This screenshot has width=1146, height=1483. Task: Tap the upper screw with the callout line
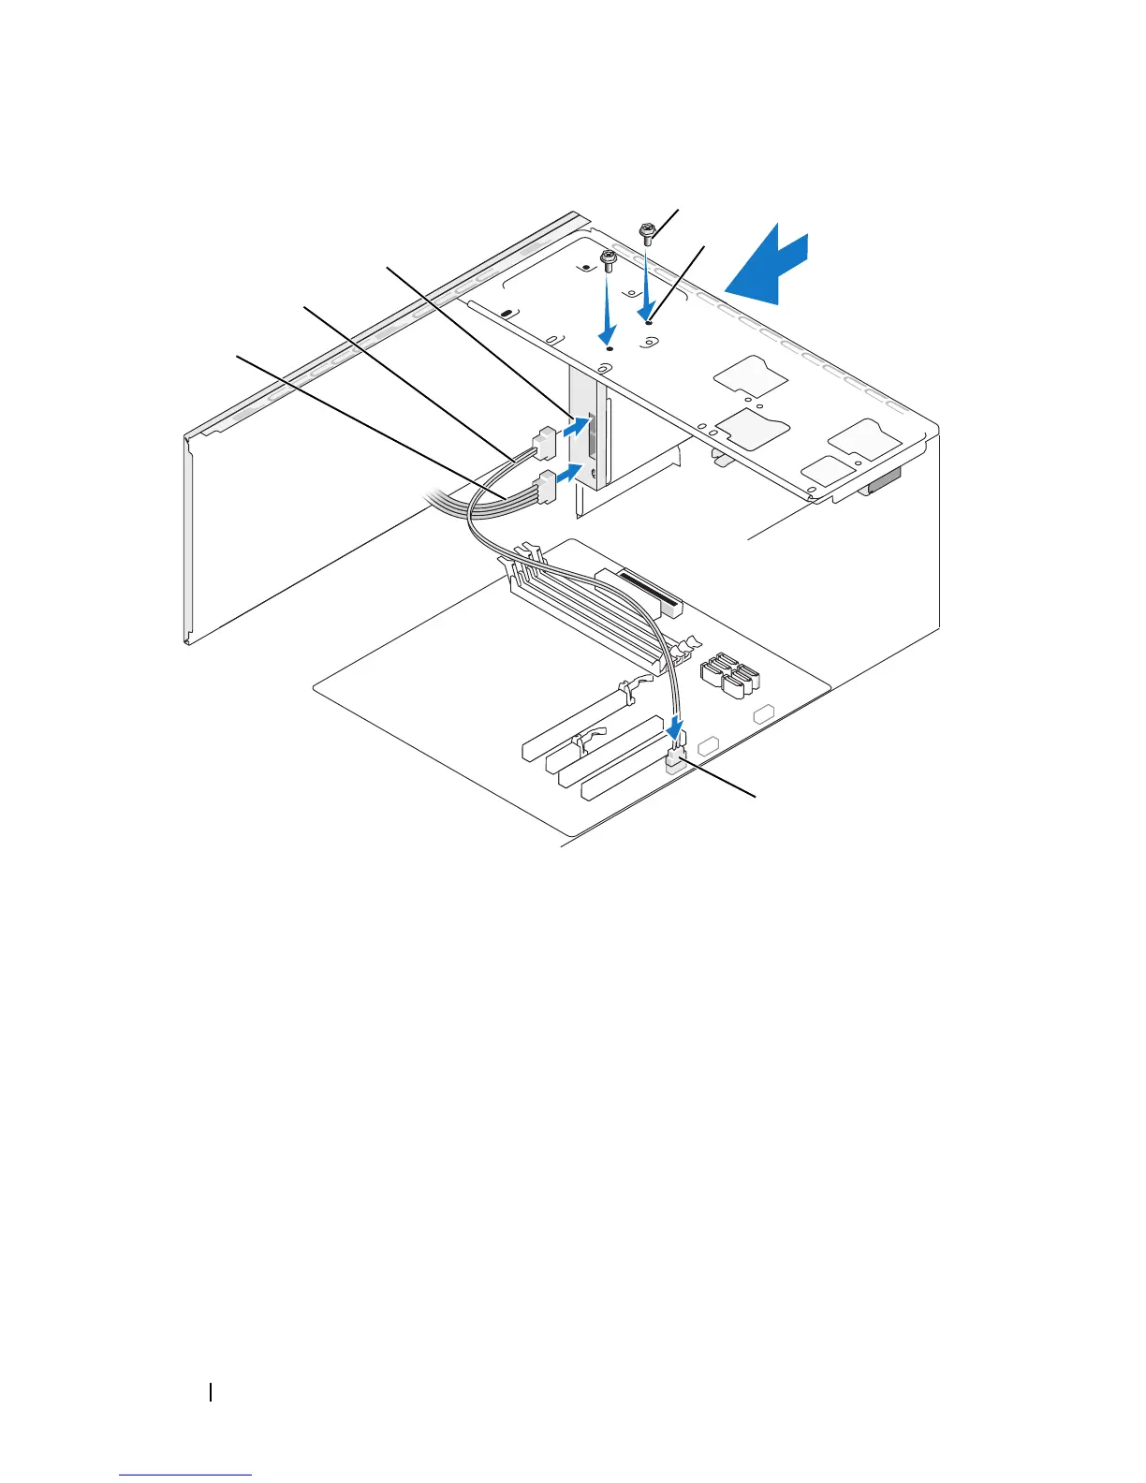pyautogui.click(x=646, y=231)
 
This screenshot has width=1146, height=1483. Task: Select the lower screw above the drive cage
pyautogui.click(x=609, y=259)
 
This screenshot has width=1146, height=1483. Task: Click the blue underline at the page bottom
pyautogui.click(x=185, y=1476)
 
